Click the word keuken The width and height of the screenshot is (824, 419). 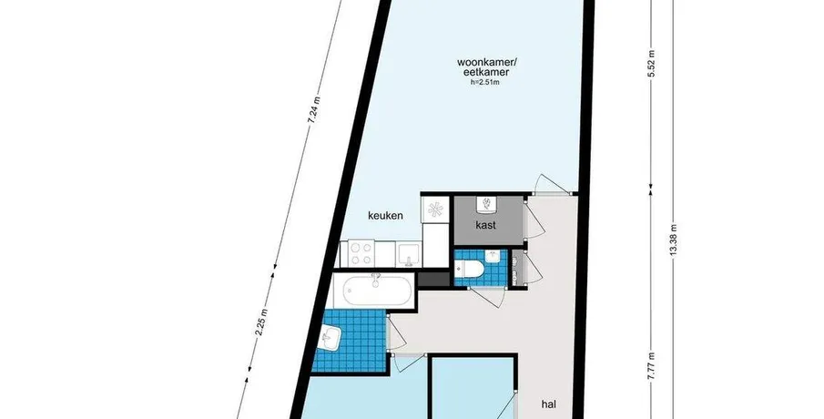[385, 215]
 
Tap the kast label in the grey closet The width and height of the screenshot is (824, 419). [485, 226]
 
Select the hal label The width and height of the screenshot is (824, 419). [549, 404]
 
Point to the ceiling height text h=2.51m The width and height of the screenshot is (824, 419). [485, 82]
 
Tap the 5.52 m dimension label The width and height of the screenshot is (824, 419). [651, 63]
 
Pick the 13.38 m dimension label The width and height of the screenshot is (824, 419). [675, 240]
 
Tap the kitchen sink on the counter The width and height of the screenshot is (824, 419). [408, 254]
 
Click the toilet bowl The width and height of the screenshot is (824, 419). [469, 269]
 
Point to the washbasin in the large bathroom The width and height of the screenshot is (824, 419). [331, 337]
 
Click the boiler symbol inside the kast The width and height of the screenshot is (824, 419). [487, 205]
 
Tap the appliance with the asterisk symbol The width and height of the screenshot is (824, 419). [435, 209]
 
